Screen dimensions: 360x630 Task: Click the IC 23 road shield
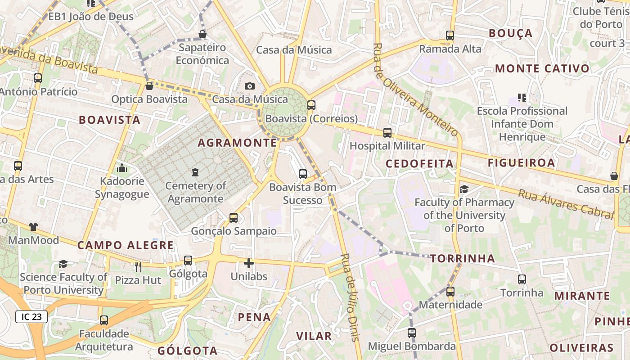(x=31, y=317)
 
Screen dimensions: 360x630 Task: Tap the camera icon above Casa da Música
(x=249, y=86)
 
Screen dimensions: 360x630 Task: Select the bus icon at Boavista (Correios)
(x=311, y=105)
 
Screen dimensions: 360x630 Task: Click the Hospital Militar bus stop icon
(x=387, y=133)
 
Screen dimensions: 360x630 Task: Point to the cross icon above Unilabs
(x=248, y=263)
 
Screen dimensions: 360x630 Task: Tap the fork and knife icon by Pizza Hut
(x=138, y=267)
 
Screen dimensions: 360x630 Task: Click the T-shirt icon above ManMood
(x=33, y=226)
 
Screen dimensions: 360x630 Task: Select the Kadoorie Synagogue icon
(x=121, y=168)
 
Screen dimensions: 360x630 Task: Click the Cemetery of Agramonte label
(x=195, y=192)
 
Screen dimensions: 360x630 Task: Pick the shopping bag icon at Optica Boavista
(x=149, y=85)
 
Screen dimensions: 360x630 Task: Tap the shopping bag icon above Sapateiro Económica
(x=202, y=34)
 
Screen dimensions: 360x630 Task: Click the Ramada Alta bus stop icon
(x=450, y=35)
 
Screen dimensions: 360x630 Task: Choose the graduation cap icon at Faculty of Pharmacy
(x=464, y=189)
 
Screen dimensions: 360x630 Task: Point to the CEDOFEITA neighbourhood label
(x=420, y=163)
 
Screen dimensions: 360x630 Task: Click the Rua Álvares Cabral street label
(x=566, y=204)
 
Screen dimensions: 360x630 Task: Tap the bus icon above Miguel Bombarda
(x=411, y=333)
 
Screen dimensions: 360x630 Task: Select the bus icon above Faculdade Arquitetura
(x=104, y=320)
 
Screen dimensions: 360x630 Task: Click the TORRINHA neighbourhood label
(x=463, y=258)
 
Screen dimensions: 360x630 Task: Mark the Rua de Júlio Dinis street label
(x=351, y=297)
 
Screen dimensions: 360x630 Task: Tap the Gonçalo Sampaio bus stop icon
(x=233, y=218)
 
